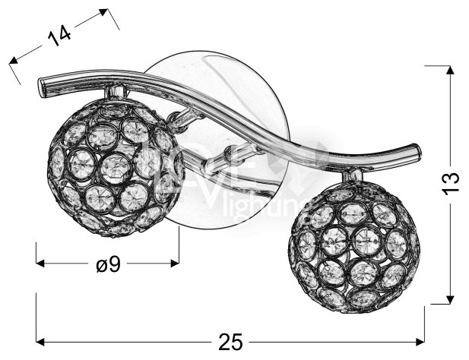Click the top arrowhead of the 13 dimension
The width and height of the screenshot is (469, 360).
[450, 71]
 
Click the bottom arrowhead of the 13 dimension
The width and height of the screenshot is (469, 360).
[450, 298]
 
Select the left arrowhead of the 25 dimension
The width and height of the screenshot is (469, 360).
[41, 340]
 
